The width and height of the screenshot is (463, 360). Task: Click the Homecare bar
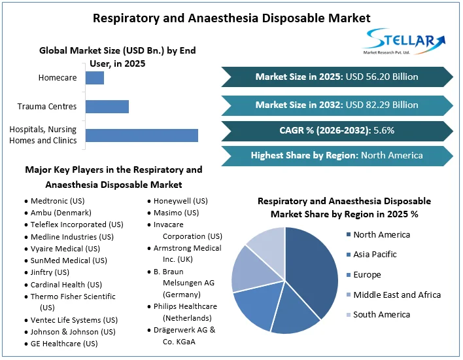[95, 78]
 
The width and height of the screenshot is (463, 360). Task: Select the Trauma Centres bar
[107, 107]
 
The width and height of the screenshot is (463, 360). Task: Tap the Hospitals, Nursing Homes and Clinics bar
[142, 135]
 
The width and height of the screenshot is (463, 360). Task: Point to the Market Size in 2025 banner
[337, 77]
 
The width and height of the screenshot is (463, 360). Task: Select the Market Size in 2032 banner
[337, 105]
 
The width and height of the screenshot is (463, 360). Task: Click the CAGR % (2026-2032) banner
[337, 130]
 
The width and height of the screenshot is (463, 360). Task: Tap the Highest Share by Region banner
[337, 156]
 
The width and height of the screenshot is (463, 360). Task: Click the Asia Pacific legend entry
[375, 255]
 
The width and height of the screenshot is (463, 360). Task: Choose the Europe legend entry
[367, 275]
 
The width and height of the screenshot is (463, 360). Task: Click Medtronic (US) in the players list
[58, 201]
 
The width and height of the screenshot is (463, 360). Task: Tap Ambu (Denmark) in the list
[61, 213]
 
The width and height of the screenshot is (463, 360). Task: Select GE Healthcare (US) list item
[64, 344]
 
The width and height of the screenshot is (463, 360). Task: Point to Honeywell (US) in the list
[180, 201]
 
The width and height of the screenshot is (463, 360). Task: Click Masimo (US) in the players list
[177, 213]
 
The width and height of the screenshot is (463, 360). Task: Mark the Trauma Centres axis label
[47, 107]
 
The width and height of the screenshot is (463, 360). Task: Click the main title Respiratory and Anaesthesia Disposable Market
[231, 18]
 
